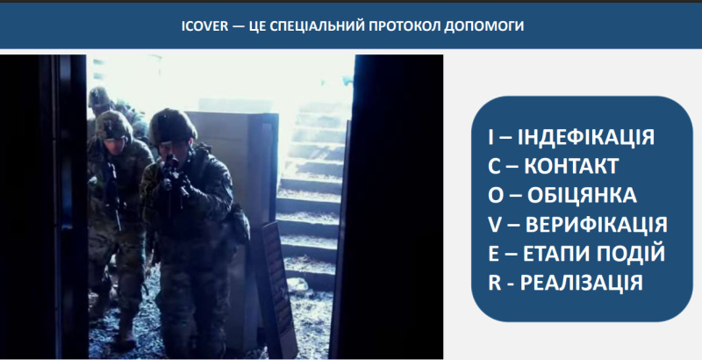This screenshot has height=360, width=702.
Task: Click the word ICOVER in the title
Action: point(204,26)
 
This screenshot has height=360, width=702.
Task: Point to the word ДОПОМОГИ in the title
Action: point(484,26)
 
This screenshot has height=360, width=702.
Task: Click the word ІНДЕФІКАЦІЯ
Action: point(586,137)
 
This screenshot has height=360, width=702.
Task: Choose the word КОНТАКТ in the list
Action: point(571,166)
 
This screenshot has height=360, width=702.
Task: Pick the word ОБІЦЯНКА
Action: point(582,195)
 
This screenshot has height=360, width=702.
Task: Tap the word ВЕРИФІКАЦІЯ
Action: point(596,224)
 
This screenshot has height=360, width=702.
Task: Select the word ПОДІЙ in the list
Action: point(630,253)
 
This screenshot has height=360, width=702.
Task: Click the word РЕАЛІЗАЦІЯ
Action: point(582,283)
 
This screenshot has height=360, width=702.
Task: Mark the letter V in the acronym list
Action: point(495,224)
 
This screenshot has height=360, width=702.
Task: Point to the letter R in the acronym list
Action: point(494,283)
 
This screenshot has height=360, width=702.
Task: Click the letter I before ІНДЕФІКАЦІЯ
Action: point(491,137)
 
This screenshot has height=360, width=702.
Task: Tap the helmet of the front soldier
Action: point(172,126)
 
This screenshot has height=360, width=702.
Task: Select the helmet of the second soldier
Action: point(113,124)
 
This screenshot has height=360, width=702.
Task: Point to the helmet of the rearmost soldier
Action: point(99,97)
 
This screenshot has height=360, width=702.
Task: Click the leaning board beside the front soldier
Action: point(278,286)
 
